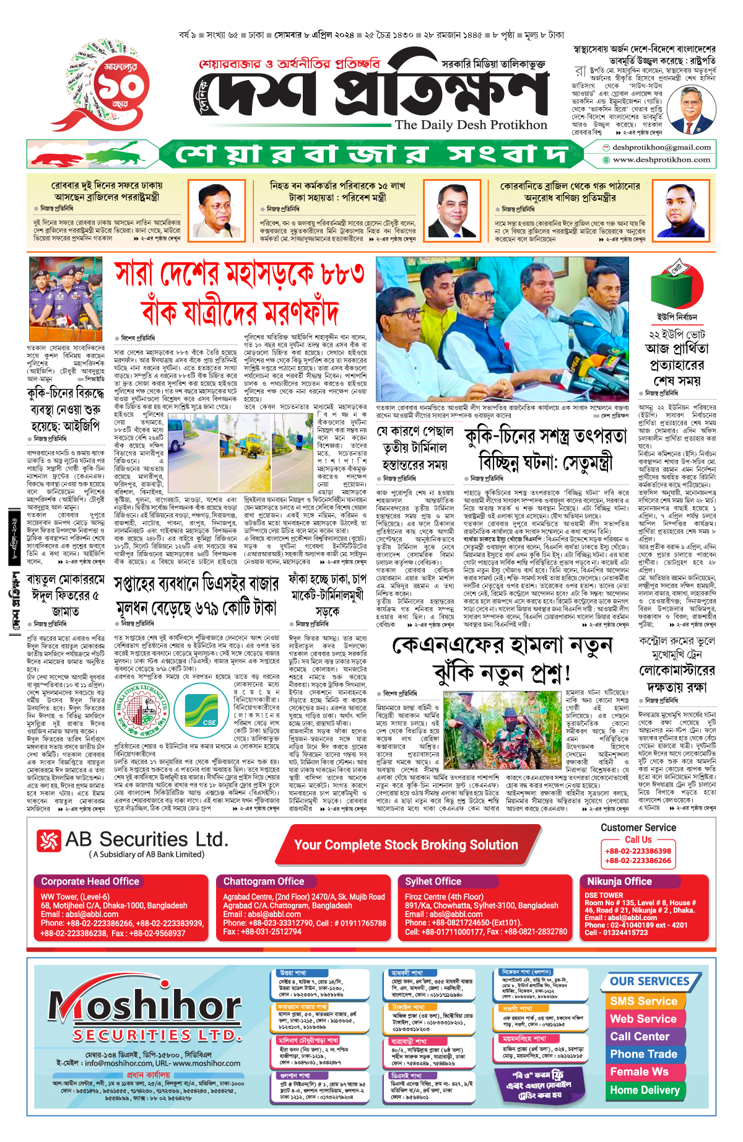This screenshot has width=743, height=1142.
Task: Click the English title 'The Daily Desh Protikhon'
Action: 471,125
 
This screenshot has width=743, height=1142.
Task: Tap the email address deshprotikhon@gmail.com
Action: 661,147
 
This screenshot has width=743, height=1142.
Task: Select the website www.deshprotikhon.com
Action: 661,160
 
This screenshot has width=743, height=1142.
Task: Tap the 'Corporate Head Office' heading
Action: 90,881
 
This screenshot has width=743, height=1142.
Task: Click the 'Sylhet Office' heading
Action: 433,881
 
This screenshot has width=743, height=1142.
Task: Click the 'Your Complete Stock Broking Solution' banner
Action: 406,845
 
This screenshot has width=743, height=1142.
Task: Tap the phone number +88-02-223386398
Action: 638,851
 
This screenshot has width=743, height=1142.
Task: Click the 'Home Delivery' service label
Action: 645,1090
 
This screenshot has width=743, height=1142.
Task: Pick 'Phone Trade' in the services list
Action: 643,1054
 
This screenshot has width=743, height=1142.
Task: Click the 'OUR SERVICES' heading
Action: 650,982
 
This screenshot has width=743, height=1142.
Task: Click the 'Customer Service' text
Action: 638,827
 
